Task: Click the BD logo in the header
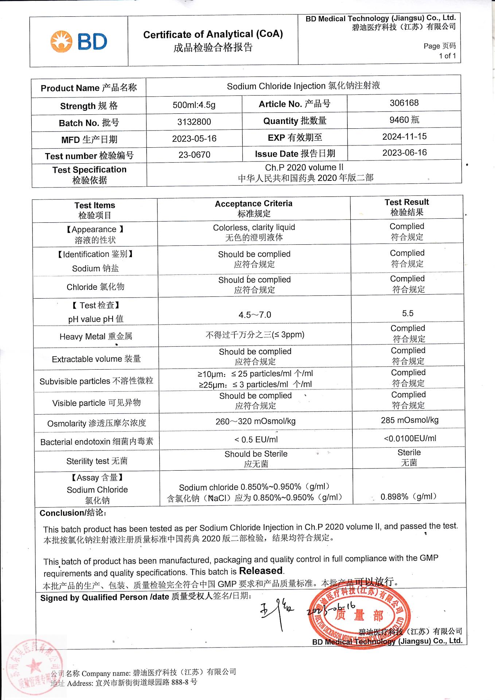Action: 79,42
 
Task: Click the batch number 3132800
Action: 194,122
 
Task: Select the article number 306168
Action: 404,103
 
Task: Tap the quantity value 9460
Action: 404,120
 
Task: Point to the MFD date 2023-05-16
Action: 194,139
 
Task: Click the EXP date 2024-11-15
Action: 404,137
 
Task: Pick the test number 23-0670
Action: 194,155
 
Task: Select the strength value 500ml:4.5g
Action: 194,105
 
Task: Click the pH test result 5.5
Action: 408,314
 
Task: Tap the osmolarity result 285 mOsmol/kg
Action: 409,420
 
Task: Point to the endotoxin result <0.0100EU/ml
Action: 410,439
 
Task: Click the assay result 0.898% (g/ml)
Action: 408,497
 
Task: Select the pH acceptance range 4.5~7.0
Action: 255,315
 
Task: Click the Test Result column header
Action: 407,207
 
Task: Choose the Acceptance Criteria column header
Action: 254,208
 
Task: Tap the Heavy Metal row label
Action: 96,337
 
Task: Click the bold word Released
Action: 261,571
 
